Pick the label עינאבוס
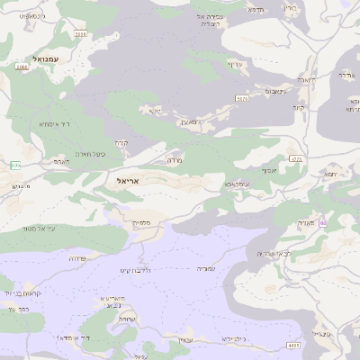pyautogui.click(x=276, y=92)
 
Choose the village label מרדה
pyautogui.click(x=175, y=159)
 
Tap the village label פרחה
pyautogui.click(x=77, y=257)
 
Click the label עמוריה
pyautogui.click(x=208, y=268)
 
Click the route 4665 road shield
pyautogui.click(x=293, y=345)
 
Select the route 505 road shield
pyautogui.click(x=15, y=165)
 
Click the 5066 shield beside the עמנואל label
pyautogui.click(x=22, y=67)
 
